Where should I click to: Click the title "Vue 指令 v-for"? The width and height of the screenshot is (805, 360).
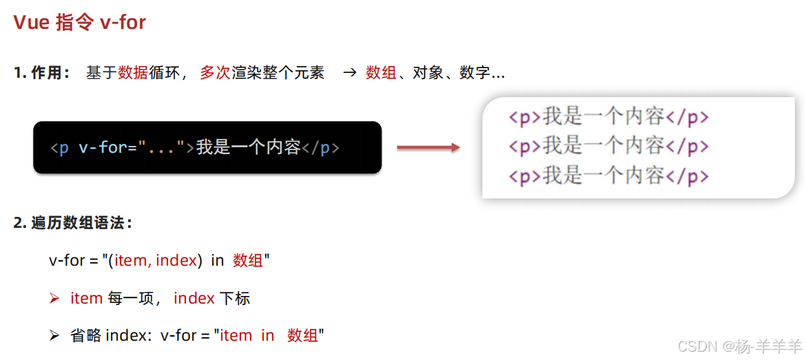[x=80, y=23]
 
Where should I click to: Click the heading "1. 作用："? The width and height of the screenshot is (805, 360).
[x=42, y=73]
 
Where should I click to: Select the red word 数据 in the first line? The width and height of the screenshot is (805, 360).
[x=133, y=73]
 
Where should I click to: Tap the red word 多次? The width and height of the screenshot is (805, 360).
[x=215, y=73]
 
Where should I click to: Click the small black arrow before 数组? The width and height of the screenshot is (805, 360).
[x=350, y=73]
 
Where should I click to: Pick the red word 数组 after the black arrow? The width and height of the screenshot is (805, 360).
[x=381, y=73]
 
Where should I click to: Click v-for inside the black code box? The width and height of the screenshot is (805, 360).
[x=103, y=147]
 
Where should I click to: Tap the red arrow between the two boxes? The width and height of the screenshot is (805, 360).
[x=428, y=147]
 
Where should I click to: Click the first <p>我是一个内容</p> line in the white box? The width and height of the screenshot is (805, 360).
[x=608, y=117]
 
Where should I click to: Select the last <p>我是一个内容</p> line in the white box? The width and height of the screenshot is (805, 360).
[x=608, y=176]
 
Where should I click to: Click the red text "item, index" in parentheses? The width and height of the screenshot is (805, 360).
[x=156, y=261]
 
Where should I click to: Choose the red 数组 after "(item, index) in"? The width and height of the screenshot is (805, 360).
[x=248, y=261]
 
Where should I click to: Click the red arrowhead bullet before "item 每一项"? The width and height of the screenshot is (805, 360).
[x=55, y=299]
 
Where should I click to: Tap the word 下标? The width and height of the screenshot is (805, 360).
[x=235, y=299]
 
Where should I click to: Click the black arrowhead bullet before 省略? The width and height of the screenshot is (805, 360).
[x=55, y=336]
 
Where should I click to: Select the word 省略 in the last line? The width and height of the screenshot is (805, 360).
[x=85, y=336]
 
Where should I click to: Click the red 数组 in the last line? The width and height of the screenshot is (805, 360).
[x=303, y=336]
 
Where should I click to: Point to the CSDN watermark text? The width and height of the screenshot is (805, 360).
[x=740, y=346]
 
